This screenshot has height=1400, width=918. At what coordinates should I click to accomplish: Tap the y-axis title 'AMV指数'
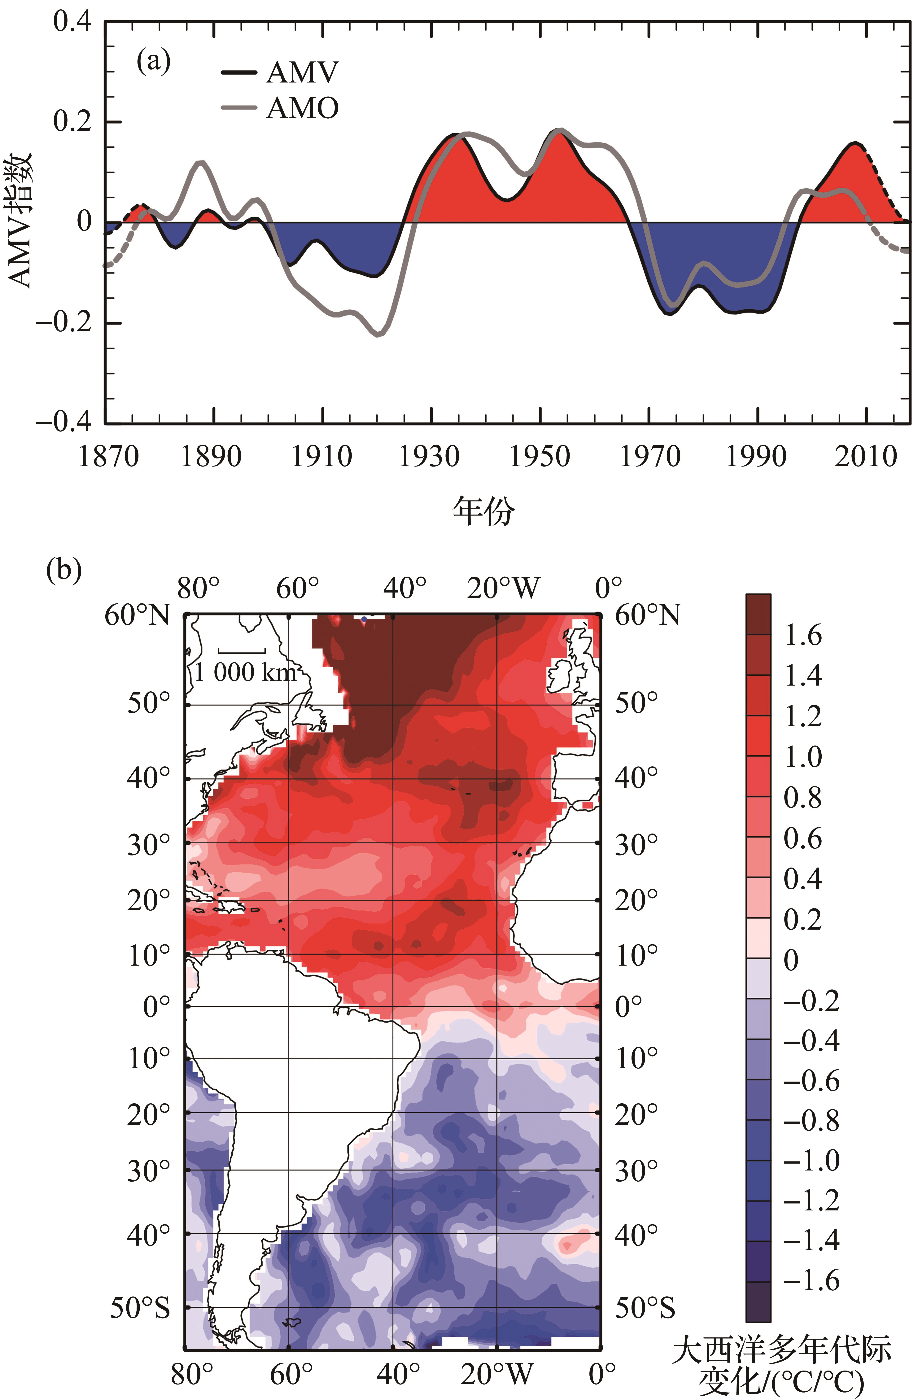tap(21, 221)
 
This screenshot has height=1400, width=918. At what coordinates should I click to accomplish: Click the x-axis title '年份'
tap(483, 511)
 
